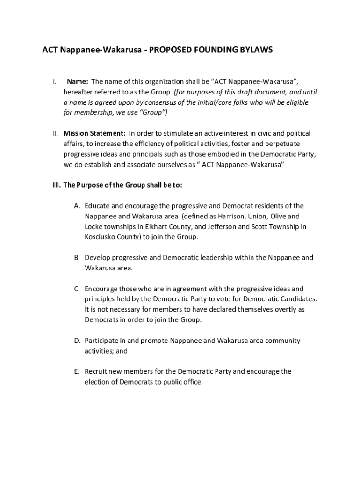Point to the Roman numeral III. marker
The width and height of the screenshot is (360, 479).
(x=57, y=185)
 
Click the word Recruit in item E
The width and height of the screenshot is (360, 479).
(x=96, y=371)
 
